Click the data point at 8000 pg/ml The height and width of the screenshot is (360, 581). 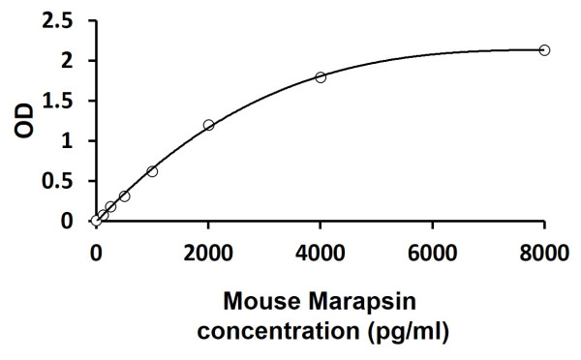click(x=544, y=49)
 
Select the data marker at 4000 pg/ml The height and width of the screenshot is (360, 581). click(x=321, y=77)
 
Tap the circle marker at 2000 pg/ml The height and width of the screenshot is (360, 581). click(x=208, y=125)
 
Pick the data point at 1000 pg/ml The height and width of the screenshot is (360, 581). click(x=152, y=171)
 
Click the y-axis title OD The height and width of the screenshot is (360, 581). click(x=27, y=121)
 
